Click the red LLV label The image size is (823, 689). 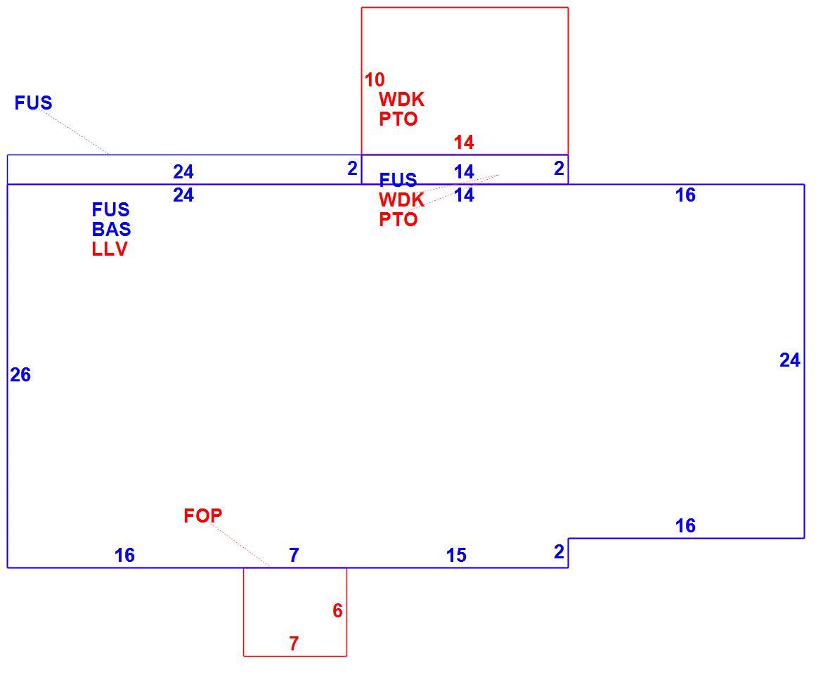(110, 249)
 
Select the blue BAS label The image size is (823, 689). (111, 229)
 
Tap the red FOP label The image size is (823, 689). (202, 516)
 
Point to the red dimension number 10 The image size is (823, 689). (375, 79)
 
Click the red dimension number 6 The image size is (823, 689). (337, 610)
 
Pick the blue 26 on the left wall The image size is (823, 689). (20, 374)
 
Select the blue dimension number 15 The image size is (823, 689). (456, 555)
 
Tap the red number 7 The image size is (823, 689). (294, 643)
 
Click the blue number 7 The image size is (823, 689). (294, 554)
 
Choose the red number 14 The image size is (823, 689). (464, 142)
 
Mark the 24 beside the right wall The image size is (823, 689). (789, 360)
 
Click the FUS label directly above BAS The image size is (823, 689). (110, 209)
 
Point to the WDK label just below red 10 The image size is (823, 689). (401, 99)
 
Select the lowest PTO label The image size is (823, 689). (398, 219)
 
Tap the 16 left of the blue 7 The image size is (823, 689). (124, 555)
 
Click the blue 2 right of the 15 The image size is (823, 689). (559, 551)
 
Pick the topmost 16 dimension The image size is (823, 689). (685, 195)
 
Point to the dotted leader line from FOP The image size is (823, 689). (240, 544)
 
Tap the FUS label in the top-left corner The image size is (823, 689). (34, 103)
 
